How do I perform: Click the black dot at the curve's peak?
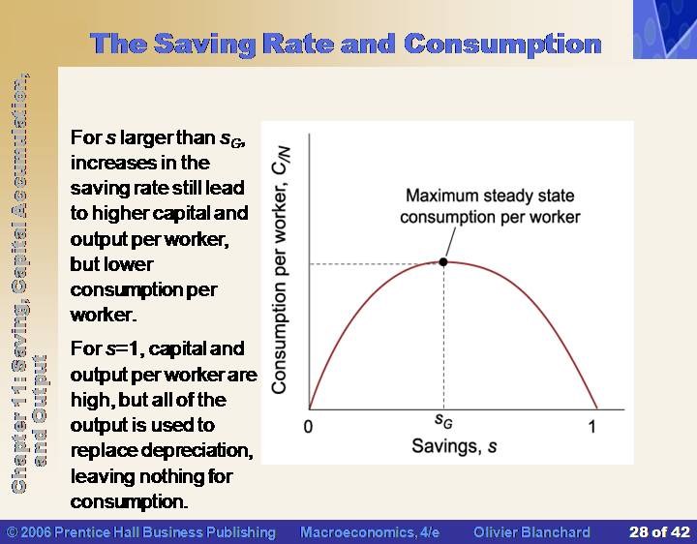[x=443, y=261]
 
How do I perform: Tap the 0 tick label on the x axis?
[x=308, y=427]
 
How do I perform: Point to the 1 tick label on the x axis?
[x=591, y=427]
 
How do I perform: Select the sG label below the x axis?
[x=443, y=421]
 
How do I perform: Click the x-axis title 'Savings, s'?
[x=454, y=446]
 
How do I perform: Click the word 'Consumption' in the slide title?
[x=502, y=45]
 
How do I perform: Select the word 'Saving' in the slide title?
[x=205, y=45]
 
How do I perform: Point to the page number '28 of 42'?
[x=659, y=532]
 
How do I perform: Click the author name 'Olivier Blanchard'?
[x=531, y=532]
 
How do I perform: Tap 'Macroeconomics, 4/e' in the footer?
[x=370, y=532]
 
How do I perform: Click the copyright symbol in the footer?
[x=12, y=532]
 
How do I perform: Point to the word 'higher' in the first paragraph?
[x=120, y=214]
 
